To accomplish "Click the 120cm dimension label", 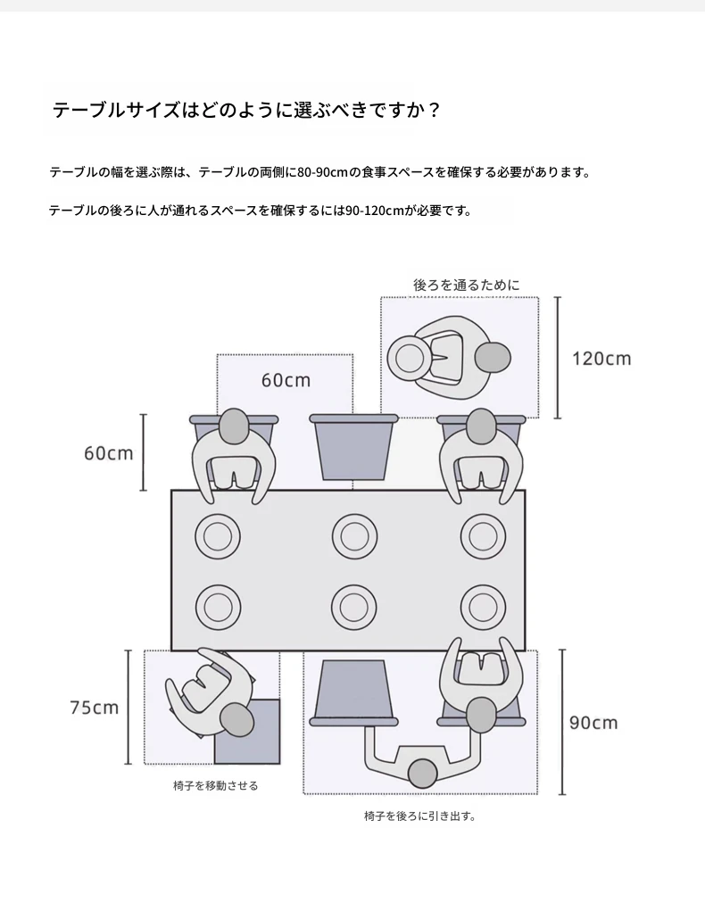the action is [x=601, y=359].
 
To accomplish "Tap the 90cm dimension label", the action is [x=593, y=723].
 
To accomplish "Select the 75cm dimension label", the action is [x=95, y=708].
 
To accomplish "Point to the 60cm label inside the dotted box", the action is [x=286, y=380].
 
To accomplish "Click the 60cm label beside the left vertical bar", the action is [x=109, y=453].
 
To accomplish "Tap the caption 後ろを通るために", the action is [x=467, y=285].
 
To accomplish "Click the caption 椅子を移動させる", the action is [x=216, y=785].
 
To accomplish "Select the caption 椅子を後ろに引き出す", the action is [x=420, y=816].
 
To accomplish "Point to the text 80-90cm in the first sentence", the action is [x=322, y=172].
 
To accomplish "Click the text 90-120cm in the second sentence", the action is [x=374, y=211].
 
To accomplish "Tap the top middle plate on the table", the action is [x=354, y=535].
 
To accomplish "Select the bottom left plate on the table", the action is [x=218, y=607].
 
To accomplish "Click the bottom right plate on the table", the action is [x=483, y=607].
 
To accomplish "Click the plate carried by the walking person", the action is [x=409, y=358].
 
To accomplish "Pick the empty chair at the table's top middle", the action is [x=354, y=447].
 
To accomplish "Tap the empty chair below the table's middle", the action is [x=354, y=693].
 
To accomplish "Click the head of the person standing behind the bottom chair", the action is [x=422, y=774].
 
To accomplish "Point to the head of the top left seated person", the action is [x=234, y=427].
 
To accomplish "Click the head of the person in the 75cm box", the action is [x=237, y=719].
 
